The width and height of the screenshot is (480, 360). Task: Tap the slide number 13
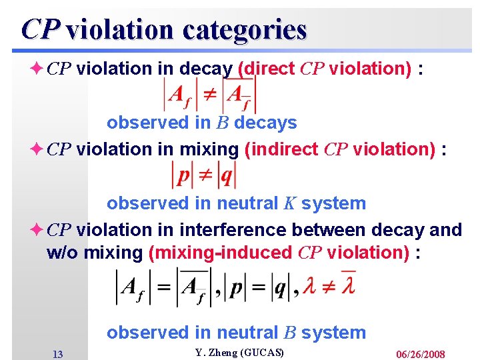point(57,354)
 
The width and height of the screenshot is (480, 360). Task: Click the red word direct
point(272,69)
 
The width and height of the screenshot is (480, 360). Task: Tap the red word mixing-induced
point(225,253)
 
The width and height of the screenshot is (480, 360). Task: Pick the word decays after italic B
point(265,123)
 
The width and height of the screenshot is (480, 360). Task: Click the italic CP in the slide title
point(41,30)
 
